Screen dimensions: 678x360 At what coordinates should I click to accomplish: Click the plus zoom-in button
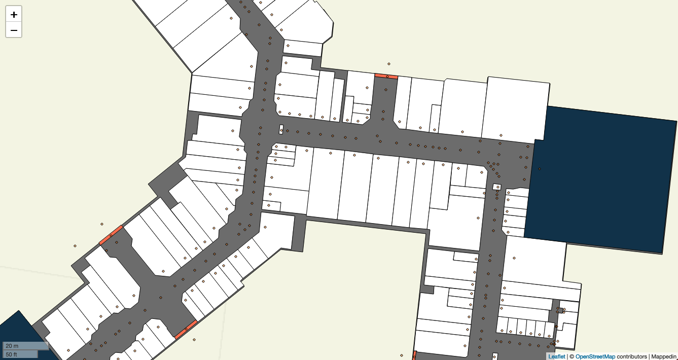pyautogui.click(x=14, y=15)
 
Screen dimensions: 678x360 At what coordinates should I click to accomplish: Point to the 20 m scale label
pyautogui.click(x=12, y=346)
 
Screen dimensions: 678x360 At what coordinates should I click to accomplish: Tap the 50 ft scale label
pyautogui.click(x=12, y=354)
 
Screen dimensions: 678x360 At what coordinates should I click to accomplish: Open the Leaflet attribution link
pyautogui.click(x=556, y=356)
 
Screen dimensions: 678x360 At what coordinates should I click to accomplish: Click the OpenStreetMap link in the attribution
pyautogui.click(x=595, y=356)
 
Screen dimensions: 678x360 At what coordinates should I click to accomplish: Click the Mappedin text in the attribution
pyautogui.click(x=664, y=356)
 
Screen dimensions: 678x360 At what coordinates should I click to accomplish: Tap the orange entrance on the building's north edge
pyautogui.click(x=386, y=77)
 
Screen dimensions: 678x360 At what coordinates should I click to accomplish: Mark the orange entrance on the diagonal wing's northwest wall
pyautogui.click(x=111, y=235)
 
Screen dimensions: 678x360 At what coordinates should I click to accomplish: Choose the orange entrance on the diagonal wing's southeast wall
pyautogui.click(x=186, y=329)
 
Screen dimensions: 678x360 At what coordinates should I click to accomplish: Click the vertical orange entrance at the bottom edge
pyautogui.click(x=414, y=355)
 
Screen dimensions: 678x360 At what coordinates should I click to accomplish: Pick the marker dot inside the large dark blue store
pyautogui.click(x=540, y=169)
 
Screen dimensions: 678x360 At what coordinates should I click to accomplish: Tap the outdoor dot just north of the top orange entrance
pyautogui.click(x=389, y=64)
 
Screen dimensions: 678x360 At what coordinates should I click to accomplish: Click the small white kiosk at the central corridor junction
pyautogui.click(x=281, y=130)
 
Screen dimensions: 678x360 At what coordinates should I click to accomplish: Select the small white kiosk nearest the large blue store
pyautogui.click(x=497, y=187)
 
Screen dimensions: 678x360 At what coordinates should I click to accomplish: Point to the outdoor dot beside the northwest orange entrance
pyautogui.click(x=102, y=224)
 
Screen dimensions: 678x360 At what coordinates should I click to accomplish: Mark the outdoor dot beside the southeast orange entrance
pyautogui.click(x=194, y=340)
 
